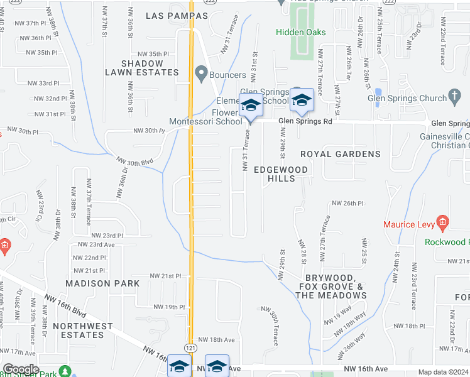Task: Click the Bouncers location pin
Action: click(x=201, y=75)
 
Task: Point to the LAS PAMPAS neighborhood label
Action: click(x=167, y=15)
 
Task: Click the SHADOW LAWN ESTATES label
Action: click(x=150, y=68)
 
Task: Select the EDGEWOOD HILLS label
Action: click(x=281, y=174)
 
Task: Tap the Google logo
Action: click(x=21, y=369)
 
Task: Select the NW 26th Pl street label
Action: click(x=347, y=204)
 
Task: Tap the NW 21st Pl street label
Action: click(x=165, y=276)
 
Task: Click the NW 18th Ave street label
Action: click(x=216, y=339)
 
